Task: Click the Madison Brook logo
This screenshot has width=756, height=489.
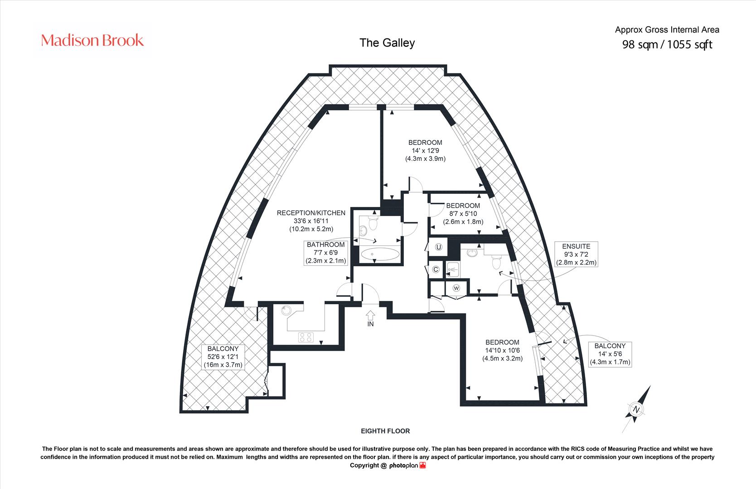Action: point(92,40)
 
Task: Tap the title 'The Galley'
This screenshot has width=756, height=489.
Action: point(387,43)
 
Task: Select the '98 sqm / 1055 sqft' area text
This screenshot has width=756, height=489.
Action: point(667,44)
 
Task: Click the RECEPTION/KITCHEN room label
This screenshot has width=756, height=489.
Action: point(311,221)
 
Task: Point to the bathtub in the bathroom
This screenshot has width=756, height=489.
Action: point(380,254)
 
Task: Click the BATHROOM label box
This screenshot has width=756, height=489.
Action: point(326,253)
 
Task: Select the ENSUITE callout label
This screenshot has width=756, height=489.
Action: point(576,254)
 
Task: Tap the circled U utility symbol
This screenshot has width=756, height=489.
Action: point(439,247)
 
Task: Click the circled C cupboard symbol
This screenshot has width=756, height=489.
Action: point(436,269)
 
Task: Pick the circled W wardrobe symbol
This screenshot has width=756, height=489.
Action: point(456,288)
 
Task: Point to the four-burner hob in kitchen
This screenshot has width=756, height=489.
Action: point(306,337)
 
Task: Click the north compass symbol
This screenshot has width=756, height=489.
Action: point(636,409)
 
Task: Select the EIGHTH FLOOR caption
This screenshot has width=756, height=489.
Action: point(385,431)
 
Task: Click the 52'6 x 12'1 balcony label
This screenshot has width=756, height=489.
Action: point(223,357)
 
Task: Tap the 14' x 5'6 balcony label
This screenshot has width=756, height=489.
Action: point(610,354)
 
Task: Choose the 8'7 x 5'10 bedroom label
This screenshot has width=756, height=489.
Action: point(463,213)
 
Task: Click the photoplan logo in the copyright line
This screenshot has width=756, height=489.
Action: point(407,466)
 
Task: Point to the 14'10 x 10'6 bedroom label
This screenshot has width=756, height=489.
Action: point(502,350)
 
